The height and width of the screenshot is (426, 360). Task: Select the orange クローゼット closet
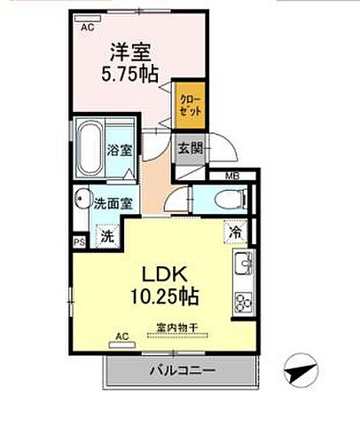187,104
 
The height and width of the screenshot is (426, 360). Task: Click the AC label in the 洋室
88,28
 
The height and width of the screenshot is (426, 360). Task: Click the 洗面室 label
113,202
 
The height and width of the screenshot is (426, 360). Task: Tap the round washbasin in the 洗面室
82,200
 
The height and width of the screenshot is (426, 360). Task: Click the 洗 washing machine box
106,237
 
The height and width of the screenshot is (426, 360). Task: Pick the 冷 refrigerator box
236,231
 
